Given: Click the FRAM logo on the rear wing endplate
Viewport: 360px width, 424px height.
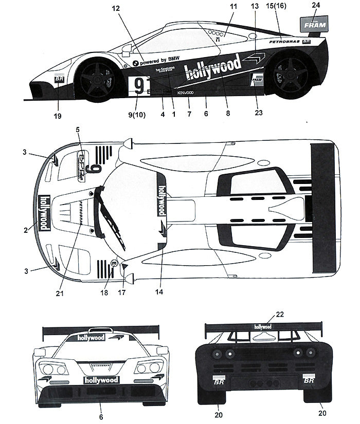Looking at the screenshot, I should pos(313,24).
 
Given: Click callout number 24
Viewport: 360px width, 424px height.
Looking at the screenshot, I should pos(316,6).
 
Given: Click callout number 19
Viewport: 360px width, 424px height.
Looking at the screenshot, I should pos(58,116).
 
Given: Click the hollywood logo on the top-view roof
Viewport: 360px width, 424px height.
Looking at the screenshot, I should pos(161,199).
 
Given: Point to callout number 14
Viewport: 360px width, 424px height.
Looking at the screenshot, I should pos(159,292).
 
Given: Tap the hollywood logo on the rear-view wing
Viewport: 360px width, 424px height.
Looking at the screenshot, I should pos(263,326).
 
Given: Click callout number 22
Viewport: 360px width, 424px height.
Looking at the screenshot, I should pos(265,314).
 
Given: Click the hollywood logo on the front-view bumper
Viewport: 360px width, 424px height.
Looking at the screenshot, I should pos(101,380).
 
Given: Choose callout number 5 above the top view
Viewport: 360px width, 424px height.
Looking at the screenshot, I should pos(78,130).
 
